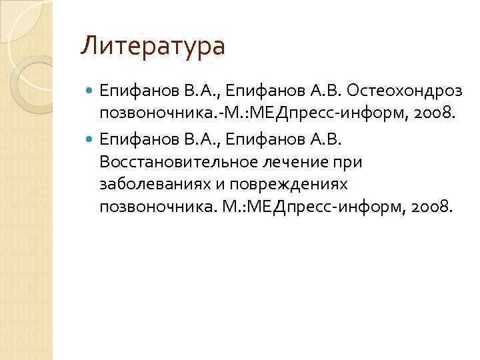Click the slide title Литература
153,47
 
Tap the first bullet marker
91,89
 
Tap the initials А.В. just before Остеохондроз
329,89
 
